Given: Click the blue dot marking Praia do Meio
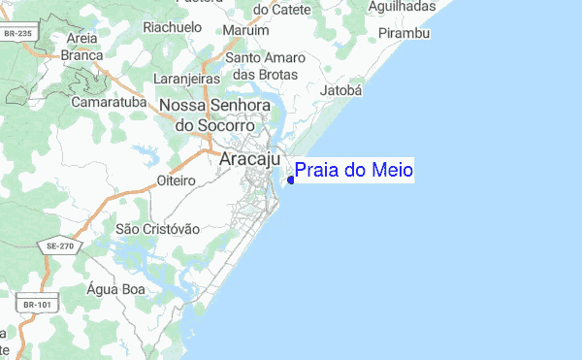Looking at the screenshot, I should coord(291,180).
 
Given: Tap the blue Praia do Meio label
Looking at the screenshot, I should coord(354,171).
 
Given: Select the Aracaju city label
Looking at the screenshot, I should coord(250,158).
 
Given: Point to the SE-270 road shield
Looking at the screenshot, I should coord(59,247).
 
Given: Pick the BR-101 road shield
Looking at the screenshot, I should coord(36,305).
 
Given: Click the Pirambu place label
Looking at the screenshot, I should coord(404,34).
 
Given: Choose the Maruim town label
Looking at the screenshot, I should coord(245,31).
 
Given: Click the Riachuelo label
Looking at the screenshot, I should coord(172,27).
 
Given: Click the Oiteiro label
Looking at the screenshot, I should coord(177,180).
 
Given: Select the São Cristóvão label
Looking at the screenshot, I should coord(157,228).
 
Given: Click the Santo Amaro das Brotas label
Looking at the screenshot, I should coord(266,66).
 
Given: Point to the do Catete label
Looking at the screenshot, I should coord(274,9).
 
